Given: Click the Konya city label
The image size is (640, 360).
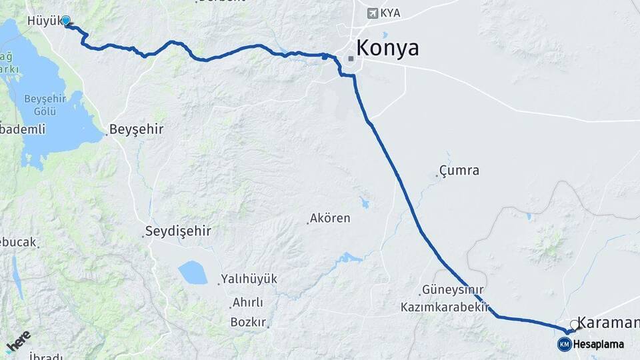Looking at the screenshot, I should [387, 48].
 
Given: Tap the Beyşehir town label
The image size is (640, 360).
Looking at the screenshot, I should [136, 129].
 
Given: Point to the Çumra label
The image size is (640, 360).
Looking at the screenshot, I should [459, 171].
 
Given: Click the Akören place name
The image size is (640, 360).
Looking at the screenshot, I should [330, 218].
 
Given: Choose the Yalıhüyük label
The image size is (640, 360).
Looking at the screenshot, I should [249, 279].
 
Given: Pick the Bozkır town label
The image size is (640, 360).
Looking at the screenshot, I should [248, 322].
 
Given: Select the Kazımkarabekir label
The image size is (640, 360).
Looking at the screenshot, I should [445, 307].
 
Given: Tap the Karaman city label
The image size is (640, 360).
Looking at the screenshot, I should [607, 323].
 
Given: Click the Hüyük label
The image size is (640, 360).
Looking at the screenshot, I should [43, 21].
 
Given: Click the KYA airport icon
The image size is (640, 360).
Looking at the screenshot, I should [372, 13].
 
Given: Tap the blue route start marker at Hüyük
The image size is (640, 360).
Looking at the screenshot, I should [66, 21].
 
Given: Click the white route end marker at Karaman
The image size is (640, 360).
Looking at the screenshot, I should [574, 325].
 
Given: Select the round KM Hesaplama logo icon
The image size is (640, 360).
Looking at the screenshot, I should [564, 344].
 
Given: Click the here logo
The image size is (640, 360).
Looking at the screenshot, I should [19, 341].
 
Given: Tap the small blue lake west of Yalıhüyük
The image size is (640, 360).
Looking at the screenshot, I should [193, 272].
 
